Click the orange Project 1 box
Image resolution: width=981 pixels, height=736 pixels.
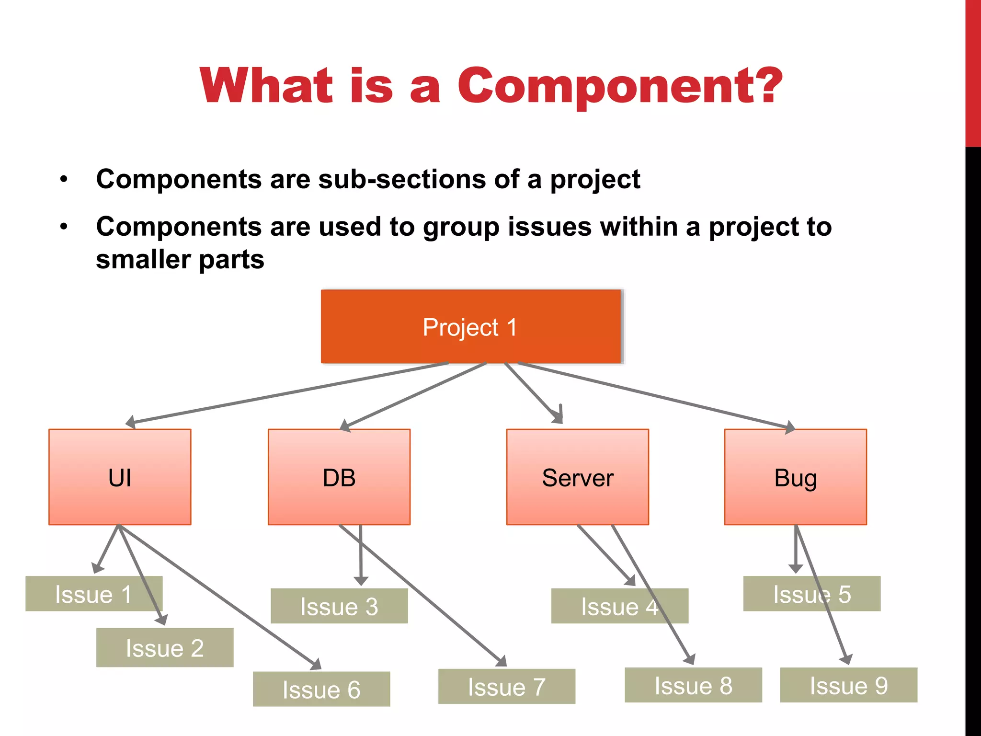tap(471, 327)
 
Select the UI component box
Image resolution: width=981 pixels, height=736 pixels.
tap(120, 477)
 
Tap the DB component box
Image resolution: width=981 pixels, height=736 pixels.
tap(339, 477)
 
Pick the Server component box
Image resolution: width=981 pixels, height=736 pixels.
tap(578, 477)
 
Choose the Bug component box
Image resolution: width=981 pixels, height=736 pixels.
tap(796, 477)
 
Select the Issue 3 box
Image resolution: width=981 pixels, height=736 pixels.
tap(339, 606)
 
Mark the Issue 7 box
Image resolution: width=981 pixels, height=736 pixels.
tap(507, 687)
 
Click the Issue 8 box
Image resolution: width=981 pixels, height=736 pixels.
tap(693, 685)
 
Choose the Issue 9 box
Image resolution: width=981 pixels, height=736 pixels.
tap(848, 685)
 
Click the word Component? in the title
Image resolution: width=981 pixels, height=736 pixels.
tap(620, 86)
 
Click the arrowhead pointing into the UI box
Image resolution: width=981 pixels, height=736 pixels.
tap(130, 422)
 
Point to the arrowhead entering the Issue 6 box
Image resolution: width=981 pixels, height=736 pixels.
tap(317, 665)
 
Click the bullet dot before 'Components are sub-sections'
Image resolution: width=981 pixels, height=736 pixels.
tap(64, 180)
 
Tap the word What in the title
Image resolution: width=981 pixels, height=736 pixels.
tap(266, 86)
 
